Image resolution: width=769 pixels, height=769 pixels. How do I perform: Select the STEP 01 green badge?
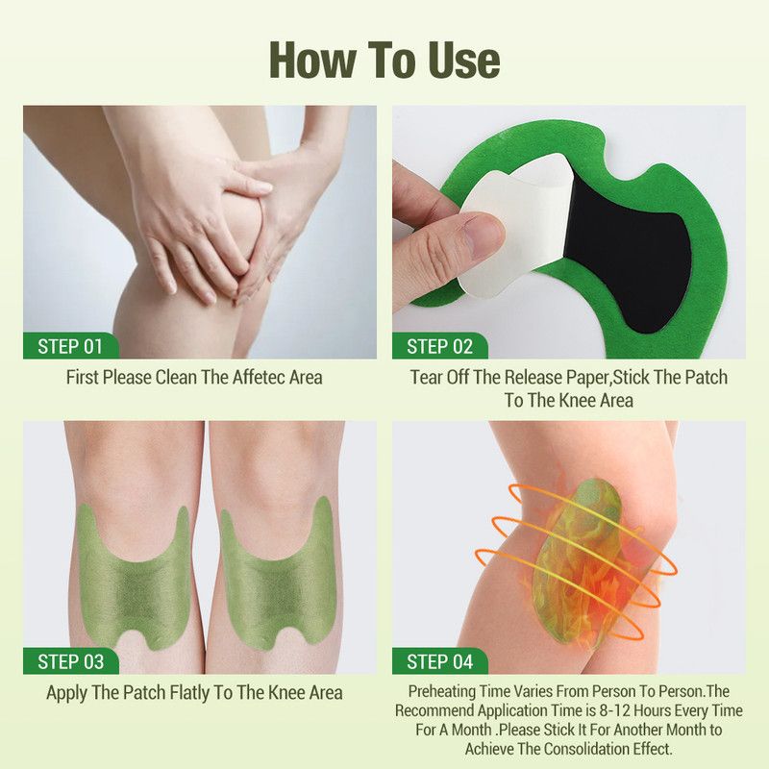point(70,346)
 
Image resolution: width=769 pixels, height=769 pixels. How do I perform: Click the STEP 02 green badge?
point(439,346)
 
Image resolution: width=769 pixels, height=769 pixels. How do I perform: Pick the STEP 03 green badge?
point(70,661)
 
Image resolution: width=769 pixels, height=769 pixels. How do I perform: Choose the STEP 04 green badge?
point(439,661)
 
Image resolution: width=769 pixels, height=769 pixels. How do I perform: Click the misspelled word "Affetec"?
point(259,378)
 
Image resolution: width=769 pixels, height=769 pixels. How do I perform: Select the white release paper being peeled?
point(515,226)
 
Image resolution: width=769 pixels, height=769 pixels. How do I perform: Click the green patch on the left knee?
point(134,579)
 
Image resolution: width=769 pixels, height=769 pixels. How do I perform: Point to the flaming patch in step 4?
point(579,564)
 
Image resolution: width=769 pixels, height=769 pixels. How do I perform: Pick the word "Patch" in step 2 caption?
point(707,378)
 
